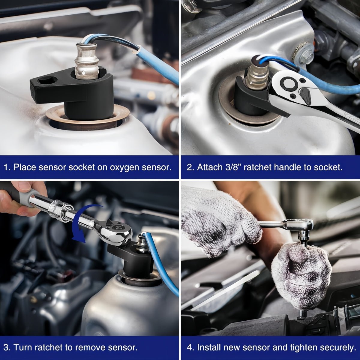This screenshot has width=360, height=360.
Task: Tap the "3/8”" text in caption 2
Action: point(229,167)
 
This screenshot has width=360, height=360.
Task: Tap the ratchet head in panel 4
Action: point(300,225)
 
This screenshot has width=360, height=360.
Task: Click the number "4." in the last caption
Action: point(190,348)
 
